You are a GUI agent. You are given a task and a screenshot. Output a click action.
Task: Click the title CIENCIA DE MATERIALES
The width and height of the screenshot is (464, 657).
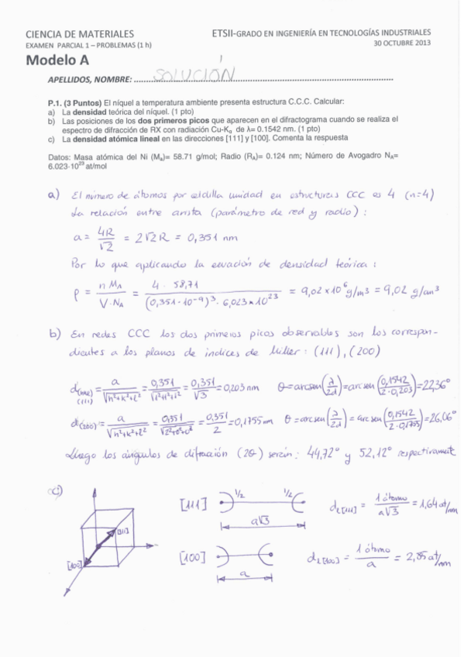pos(80,34)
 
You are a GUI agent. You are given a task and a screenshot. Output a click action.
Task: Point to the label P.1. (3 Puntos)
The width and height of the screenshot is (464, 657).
pos(74,103)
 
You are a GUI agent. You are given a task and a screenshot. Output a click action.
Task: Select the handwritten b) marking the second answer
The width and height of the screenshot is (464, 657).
pos(54,335)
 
